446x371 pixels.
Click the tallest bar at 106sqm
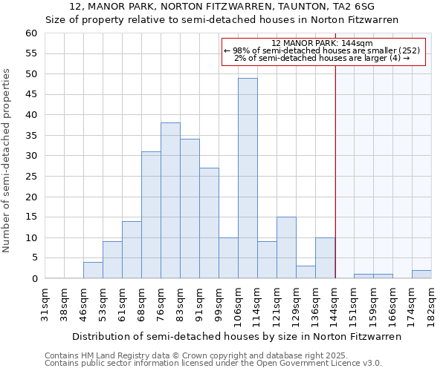click(x=248, y=178)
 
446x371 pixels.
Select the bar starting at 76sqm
click(x=170, y=200)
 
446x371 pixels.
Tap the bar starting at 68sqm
click(x=151, y=215)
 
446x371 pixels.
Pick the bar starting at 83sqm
click(x=190, y=209)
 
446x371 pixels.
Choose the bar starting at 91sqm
click(x=209, y=223)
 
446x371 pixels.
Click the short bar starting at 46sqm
click(x=93, y=271)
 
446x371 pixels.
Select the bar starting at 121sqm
click(x=286, y=248)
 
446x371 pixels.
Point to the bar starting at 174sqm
click(x=421, y=275)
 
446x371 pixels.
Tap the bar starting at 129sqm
click(x=306, y=272)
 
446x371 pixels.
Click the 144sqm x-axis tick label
click(x=335, y=304)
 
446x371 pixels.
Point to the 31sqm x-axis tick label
click(x=45, y=304)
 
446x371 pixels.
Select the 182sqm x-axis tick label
click(x=432, y=304)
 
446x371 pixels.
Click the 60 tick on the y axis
click(x=30, y=33)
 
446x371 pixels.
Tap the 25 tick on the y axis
click(x=30, y=177)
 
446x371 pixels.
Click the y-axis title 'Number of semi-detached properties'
click(x=7, y=160)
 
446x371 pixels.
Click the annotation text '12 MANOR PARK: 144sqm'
click(x=323, y=44)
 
